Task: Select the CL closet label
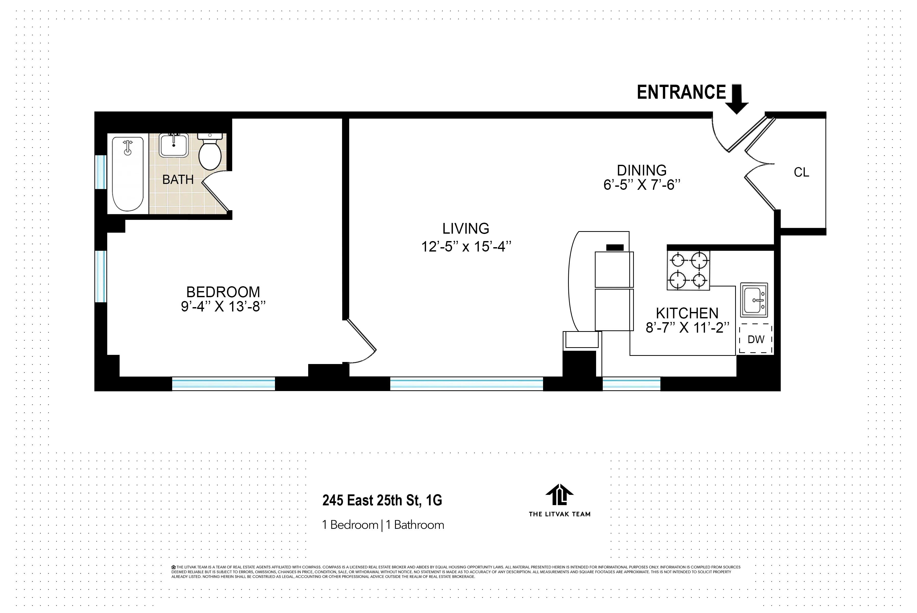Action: [801, 172]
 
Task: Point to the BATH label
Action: [178, 180]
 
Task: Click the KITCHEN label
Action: [687, 313]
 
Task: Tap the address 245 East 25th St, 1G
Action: [382, 501]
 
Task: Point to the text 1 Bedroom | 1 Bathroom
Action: [383, 525]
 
